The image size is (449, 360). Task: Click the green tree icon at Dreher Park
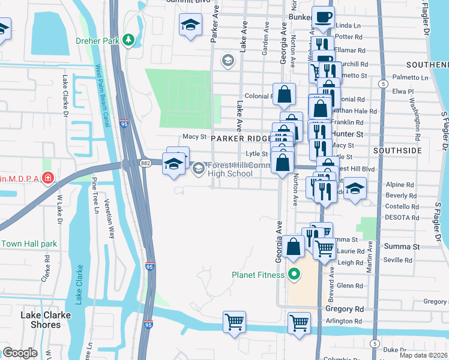coord(128,40)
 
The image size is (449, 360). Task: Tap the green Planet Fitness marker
coord(294,275)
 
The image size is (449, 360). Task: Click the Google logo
coord(20,353)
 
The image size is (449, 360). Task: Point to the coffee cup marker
coord(324,18)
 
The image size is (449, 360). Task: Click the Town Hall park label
coord(29,244)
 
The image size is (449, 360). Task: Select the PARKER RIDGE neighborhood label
coord(239,137)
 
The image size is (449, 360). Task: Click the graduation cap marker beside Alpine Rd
coord(355,189)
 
